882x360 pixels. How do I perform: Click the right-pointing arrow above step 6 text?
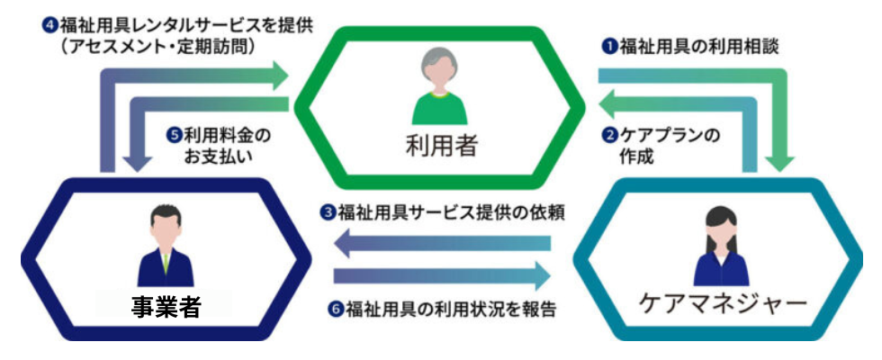[442, 275]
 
